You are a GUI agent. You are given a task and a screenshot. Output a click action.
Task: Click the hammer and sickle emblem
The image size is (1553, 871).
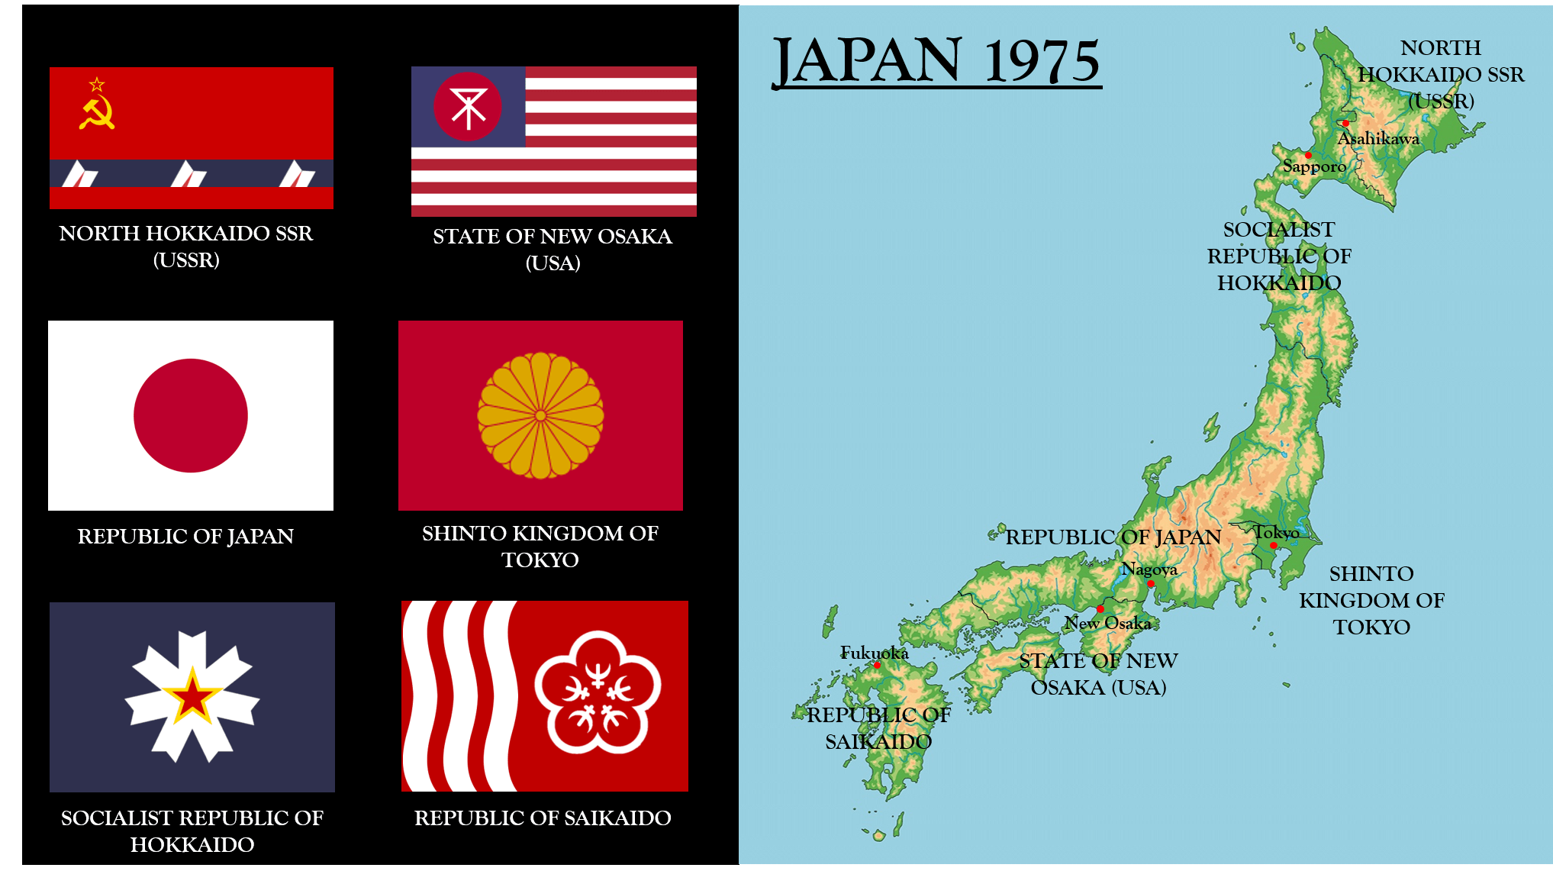pos(97,113)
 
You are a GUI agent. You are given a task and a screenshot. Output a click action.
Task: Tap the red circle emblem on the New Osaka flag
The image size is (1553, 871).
pos(467,107)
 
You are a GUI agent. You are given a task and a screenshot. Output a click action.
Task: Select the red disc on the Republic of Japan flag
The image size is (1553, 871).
pos(191,416)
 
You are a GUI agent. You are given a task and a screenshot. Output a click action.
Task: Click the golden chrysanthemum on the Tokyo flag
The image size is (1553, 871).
pos(540,415)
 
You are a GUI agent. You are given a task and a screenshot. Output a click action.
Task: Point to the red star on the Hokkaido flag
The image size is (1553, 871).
pos(192,697)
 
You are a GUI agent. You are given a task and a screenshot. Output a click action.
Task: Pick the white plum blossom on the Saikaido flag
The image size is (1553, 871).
pos(598,692)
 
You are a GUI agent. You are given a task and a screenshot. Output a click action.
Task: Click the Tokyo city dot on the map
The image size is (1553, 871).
pos(1273,546)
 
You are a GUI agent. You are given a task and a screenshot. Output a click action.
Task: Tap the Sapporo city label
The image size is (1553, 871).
pos(1314,166)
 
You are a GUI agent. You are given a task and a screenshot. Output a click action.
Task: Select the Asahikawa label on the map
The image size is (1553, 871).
pos(1378,139)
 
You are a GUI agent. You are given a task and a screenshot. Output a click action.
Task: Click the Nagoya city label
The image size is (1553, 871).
pos(1149,569)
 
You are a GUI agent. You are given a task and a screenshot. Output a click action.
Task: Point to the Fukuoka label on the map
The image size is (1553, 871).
pos(875,653)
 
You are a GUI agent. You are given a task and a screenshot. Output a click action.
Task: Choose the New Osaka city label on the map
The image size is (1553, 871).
pos(1108,624)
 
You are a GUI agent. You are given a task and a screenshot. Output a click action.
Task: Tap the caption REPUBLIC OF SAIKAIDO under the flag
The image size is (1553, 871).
pos(543,818)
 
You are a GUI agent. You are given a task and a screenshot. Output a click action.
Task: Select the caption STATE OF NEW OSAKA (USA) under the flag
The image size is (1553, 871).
pos(553,250)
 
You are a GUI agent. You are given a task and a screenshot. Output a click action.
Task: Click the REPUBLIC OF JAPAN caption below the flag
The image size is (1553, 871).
pos(185,537)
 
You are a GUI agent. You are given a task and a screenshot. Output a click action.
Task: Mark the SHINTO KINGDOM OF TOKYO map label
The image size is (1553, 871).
pos(1371,600)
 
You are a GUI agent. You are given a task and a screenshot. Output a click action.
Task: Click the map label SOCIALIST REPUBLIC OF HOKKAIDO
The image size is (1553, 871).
pos(1279,256)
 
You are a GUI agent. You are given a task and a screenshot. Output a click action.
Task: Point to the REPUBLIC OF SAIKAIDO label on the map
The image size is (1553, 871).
pos(878,728)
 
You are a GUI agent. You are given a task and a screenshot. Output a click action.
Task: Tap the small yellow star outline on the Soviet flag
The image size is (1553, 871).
pos(97,84)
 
